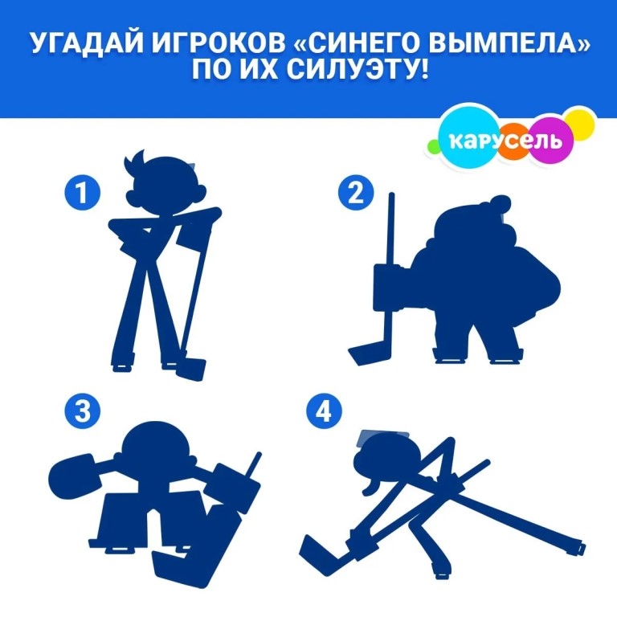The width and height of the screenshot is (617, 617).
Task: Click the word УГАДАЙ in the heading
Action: pyautogui.click(x=87, y=43)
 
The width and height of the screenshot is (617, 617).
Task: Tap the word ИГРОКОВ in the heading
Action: pyautogui.click(x=219, y=43)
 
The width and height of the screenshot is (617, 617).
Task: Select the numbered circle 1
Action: pyautogui.click(x=82, y=193)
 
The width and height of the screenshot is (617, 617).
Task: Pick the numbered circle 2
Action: pyautogui.click(x=356, y=193)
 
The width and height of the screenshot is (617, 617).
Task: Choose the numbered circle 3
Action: pyautogui.click(x=82, y=411)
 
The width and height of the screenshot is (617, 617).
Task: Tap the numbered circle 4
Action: pyautogui.click(x=324, y=411)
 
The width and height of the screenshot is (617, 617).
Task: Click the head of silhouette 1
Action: pyautogui.click(x=165, y=185)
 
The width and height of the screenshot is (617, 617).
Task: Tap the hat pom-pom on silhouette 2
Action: pyautogui.click(x=501, y=204)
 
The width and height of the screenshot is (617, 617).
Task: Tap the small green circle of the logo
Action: pyautogui.click(x=434, y=146)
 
